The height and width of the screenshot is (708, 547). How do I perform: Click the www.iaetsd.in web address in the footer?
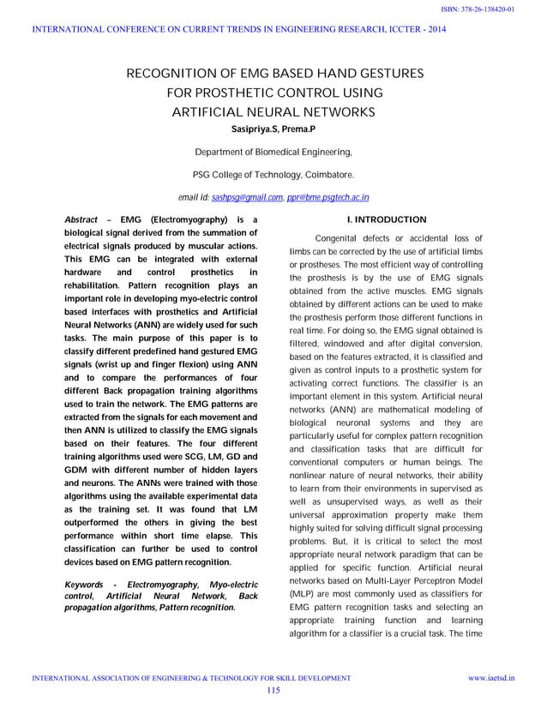point(491,678)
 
